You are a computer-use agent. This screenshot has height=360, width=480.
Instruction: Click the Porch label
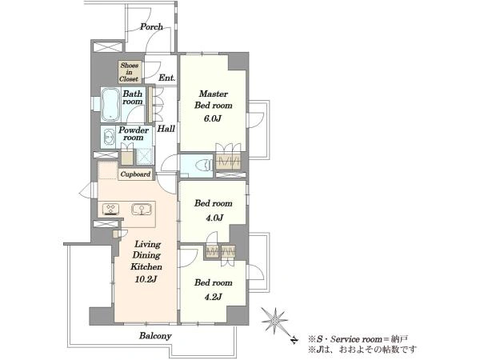151,27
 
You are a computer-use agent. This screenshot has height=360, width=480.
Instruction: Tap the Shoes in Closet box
130,72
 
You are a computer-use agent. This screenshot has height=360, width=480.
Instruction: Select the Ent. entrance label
167,78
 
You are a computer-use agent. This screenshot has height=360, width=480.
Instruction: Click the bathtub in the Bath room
110,104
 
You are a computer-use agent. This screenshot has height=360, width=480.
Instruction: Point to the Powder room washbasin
109,137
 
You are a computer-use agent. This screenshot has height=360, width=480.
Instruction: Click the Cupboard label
135,174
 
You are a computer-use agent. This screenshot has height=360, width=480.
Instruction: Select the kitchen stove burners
110,209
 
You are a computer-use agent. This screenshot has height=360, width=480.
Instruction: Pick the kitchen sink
142,210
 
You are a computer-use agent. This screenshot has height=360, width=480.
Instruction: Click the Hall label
166,129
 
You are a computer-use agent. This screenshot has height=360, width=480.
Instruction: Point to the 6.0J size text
213,118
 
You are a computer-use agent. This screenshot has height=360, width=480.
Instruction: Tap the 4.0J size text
213,218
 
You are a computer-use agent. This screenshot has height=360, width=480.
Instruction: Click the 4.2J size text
213,297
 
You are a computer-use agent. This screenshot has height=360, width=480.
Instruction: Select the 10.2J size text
146,279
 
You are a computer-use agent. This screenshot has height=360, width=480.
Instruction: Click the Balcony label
155,336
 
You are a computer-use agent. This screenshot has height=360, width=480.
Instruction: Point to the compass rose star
275,321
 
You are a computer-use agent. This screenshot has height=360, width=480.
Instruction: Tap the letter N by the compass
294,340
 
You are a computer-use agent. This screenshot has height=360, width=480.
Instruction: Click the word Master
213,94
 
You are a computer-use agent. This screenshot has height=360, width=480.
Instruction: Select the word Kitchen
146,266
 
